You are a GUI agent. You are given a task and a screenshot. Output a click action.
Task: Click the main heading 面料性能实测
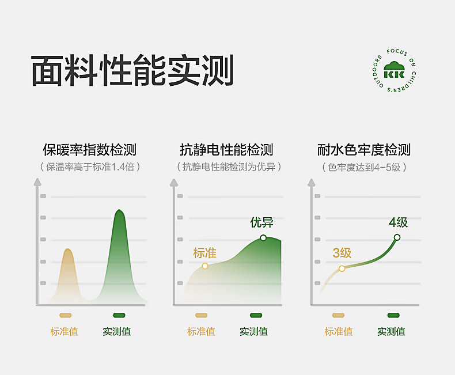(132, 70)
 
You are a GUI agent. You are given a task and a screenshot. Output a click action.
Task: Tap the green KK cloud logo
(394, 70)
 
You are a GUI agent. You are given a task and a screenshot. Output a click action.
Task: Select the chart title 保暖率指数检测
(90, 150)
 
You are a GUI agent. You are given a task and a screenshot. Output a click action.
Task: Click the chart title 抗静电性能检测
(226, 150)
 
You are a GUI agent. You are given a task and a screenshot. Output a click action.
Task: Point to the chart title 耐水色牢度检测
(364, 150)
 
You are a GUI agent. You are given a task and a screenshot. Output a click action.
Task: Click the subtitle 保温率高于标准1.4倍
(90, 167)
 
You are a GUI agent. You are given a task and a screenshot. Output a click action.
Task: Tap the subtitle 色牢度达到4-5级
(364, 167)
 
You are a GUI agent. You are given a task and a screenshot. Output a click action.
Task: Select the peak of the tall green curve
(119, 210)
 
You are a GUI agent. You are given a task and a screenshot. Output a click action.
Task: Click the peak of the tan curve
(67, 249)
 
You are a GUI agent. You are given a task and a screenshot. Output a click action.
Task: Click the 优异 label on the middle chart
(261, 222)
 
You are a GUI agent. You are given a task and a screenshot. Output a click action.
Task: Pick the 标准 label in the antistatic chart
(205, 253)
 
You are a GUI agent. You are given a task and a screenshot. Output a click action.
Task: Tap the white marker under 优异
(263, 238)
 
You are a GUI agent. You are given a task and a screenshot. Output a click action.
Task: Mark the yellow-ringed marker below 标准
(205, 266)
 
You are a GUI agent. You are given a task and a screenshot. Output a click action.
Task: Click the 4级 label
(398, 222)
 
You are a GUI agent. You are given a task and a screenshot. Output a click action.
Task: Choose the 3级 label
(342, 253)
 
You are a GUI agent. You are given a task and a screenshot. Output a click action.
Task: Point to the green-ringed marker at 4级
(397, 237)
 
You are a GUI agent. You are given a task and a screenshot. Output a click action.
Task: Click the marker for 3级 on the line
(342, 268)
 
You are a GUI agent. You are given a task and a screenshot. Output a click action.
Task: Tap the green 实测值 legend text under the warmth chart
(117, 331)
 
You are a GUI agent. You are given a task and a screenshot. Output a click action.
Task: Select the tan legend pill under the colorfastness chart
(338, 315)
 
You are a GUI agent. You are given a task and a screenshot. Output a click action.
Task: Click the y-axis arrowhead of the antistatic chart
(174, 183)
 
